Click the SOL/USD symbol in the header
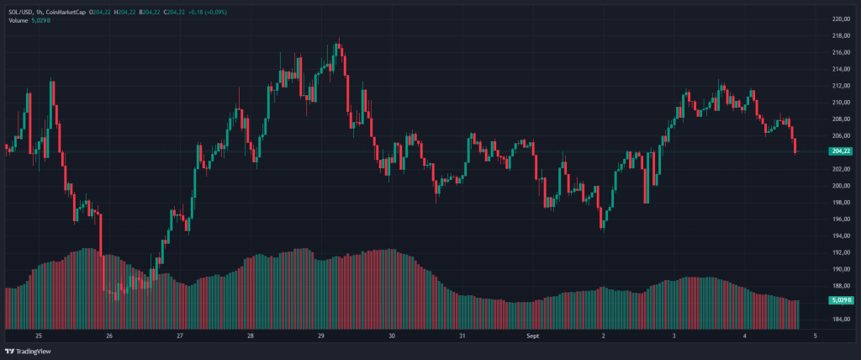coord(22,11)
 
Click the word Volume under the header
coord(18,19)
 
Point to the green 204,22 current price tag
coord(840,151)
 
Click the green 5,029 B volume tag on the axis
coord(840,299)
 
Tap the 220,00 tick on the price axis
coord(840,19)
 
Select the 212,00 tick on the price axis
coord(840,85)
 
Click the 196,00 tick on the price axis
coord(840,219)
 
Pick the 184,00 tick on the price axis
coord(840,319)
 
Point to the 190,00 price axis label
coord(840,269)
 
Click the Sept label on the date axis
coord(532,335)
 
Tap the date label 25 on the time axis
coord(39,335)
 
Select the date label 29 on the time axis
coord(321,335)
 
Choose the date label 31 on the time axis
coord(462,335)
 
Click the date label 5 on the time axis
coord(816,335)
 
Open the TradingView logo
coord(29,352)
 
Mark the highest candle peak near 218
coord(338,40)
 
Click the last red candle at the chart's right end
coord(795,146)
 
